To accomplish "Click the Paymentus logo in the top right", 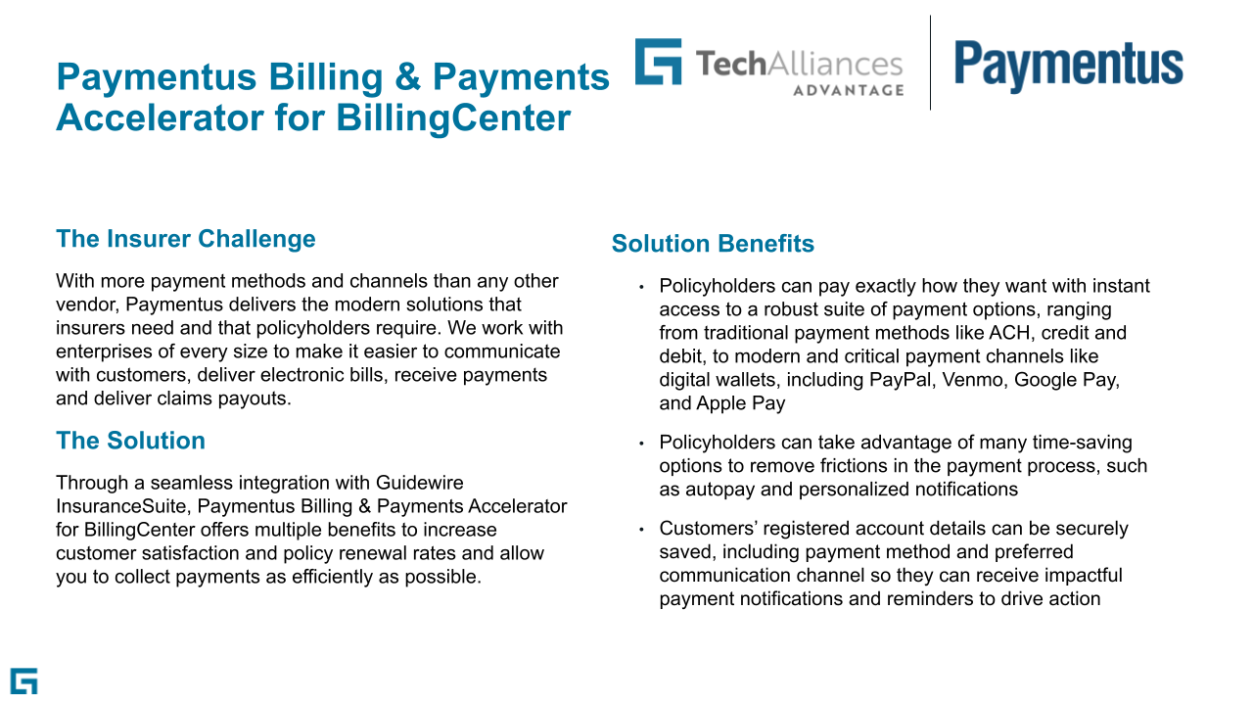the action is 1068,66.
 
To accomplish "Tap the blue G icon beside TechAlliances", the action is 659,62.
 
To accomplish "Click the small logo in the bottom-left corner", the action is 24,681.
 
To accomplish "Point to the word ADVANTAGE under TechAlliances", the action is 848,90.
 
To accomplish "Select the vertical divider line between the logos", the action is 930,63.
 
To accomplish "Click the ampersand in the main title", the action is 407,76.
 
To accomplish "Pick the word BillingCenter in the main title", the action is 453,118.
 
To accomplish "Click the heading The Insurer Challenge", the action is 186,239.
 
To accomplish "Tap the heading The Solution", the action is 130,441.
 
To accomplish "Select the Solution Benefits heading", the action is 713,244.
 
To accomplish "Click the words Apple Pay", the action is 741,403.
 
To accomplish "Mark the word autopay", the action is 719,490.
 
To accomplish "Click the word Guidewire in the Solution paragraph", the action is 419,483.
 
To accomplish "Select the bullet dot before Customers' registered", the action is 641,529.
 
